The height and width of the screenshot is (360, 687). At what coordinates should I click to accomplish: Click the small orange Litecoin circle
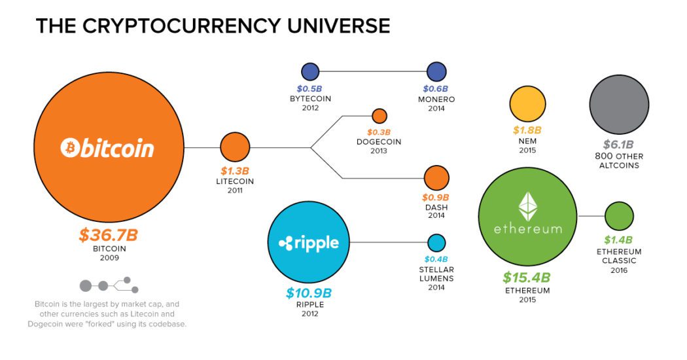click(235, 147)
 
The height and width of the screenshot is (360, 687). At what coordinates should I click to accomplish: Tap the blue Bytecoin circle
click(310, 72)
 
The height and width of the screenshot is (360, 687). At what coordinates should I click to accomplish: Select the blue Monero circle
click(436, 72)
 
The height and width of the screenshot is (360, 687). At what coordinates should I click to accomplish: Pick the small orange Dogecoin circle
click(379, 117)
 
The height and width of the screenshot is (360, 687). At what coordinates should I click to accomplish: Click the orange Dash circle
click(436, 178)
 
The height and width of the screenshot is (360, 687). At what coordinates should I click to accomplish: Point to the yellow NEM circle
click(527, 104)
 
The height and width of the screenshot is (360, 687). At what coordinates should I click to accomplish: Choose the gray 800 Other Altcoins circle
click(619, 104)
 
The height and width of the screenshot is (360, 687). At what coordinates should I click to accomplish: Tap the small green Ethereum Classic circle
click(619, 216)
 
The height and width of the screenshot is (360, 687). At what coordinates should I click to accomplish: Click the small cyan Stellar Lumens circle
click(436, 243)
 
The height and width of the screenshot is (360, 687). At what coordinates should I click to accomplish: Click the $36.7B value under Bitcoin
click(108, 235)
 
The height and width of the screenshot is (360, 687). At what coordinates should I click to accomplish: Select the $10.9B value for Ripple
click(309, 293)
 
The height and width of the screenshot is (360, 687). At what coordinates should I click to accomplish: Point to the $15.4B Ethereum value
click(527, 278)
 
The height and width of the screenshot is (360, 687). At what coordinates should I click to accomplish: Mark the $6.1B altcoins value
click(618, 144)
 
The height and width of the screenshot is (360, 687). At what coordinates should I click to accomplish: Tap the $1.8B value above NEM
click(527, 130)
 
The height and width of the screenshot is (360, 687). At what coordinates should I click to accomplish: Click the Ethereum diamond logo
click(527, 206)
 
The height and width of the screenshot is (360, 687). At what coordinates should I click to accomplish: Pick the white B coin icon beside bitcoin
click(69, 147)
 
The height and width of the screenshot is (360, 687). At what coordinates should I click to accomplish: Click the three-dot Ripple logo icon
click(286, 243)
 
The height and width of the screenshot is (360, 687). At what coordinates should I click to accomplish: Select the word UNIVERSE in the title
click(339, 26)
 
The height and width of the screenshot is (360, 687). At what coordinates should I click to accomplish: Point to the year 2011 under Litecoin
click(235, 190)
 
